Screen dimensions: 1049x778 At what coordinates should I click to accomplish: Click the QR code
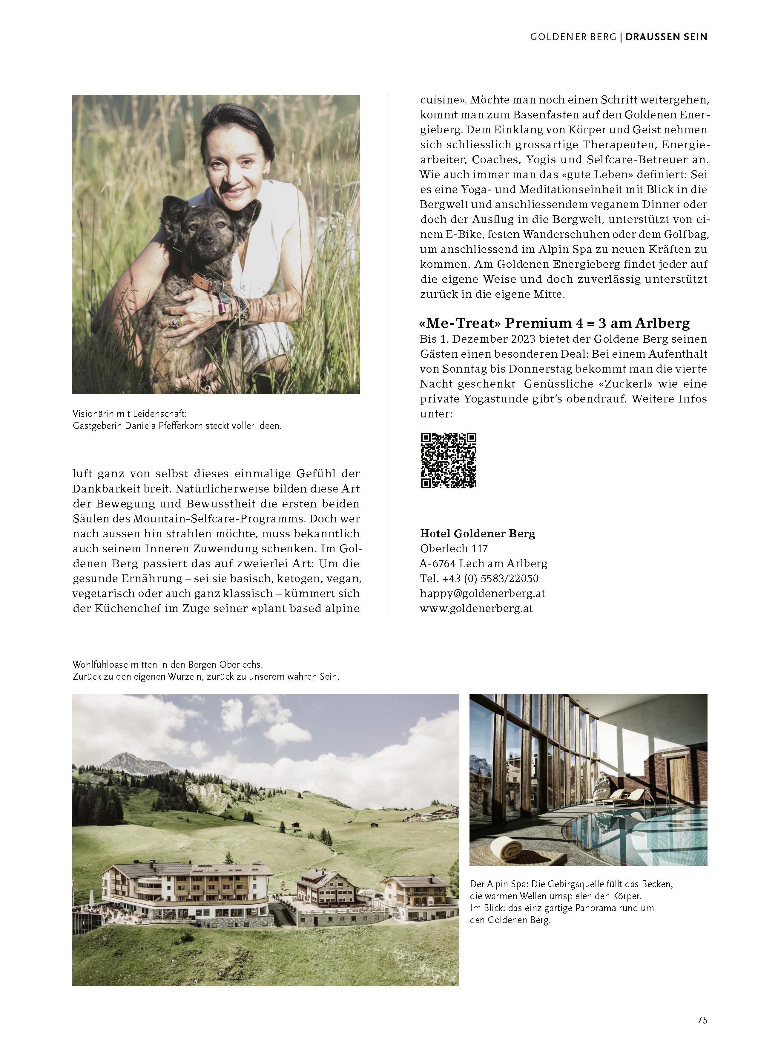448,460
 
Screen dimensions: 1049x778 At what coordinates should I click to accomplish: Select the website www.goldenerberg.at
476,608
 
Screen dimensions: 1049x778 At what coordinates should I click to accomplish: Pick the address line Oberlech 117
454,548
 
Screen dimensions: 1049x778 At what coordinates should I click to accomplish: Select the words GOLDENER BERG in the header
573,37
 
